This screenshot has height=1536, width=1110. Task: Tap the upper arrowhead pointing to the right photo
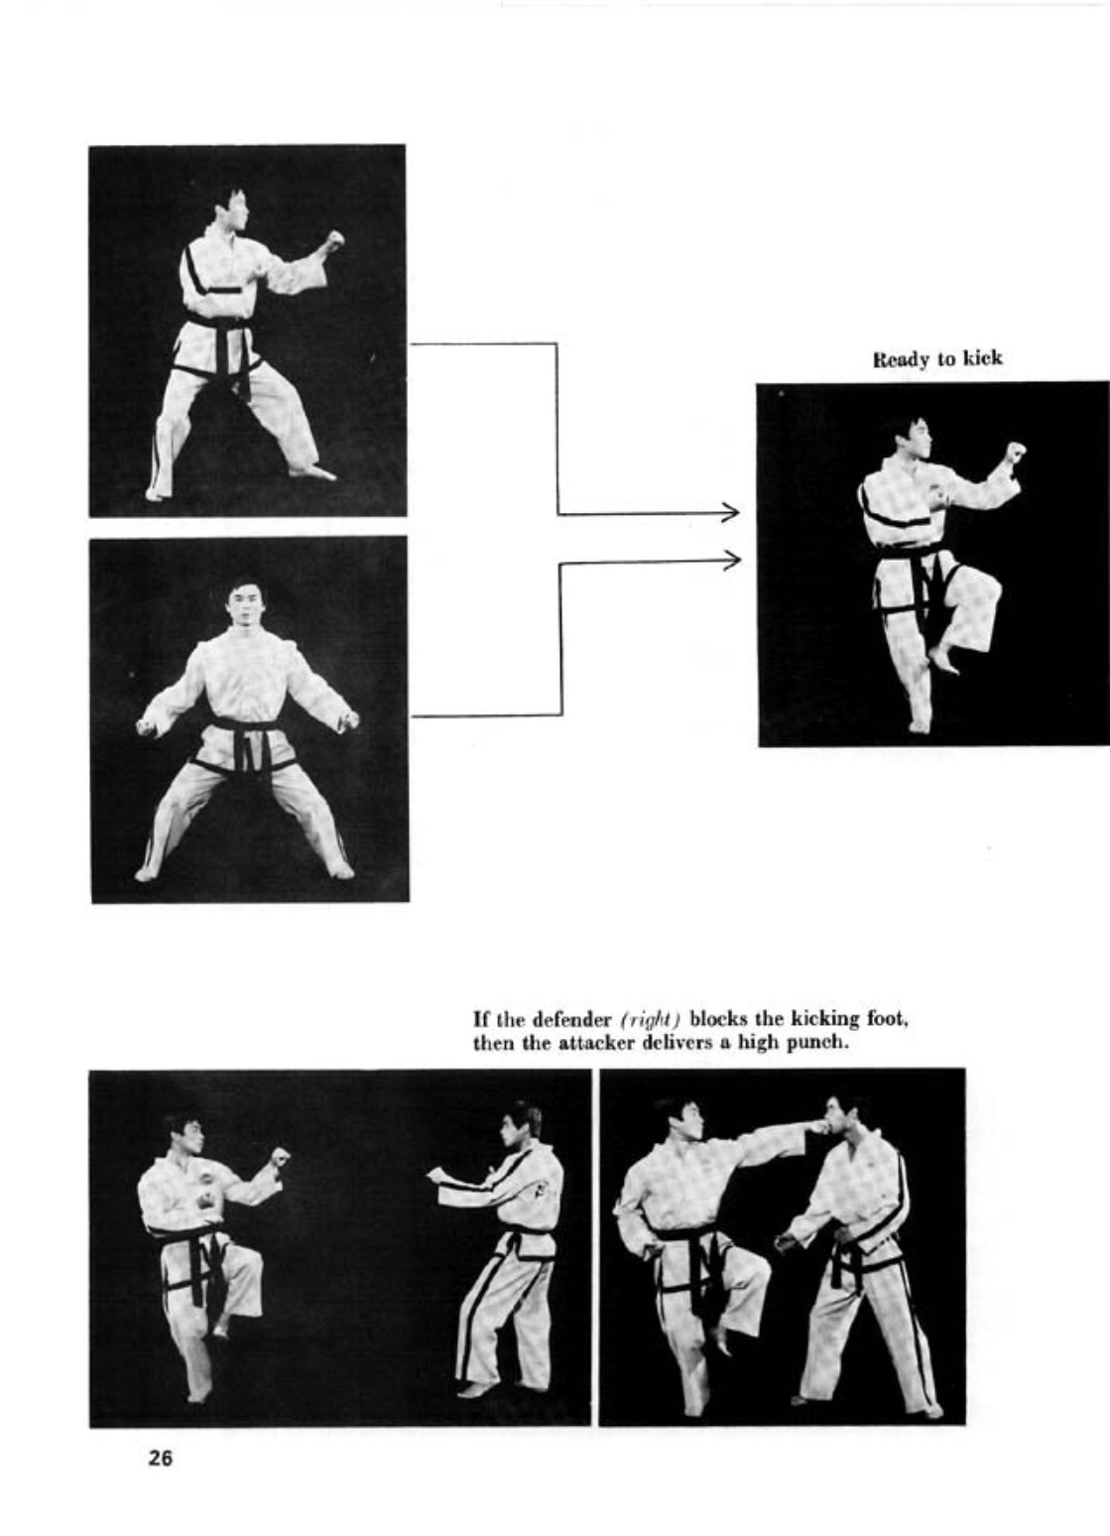(x=734, y=512)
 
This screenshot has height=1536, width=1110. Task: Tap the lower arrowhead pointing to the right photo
(x=734, y=560)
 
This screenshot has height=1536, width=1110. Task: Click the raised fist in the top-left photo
(x=334, y=239)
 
